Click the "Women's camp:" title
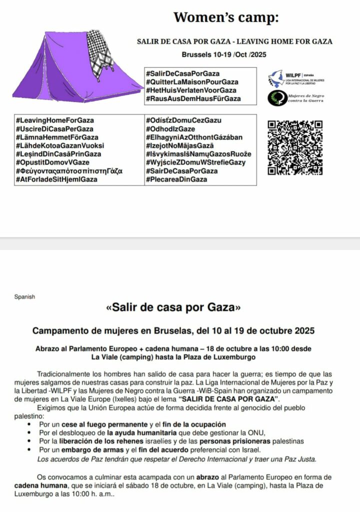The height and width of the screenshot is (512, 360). pyautogui.click(x=226, y=17)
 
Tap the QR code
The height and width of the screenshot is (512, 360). pyautogui.click(x=295, y=147)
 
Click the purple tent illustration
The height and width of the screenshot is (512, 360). pyautogui.click(x=75, y=67)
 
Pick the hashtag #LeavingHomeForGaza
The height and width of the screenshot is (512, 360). pyautogui.click(x=55, y=120)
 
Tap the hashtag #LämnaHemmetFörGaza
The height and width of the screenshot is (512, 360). pyautogui.click(x=57, y=137)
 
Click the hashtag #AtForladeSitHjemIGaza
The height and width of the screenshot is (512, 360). pyautogui.click(x=56, y=179)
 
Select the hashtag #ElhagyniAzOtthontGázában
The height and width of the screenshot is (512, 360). pyautogui.click(x=194, y=137)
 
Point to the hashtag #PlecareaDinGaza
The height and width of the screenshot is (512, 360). pyautogui.click(x=176, y=179)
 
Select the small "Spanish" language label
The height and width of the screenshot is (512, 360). pyautogui.click(x=24, y=296)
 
